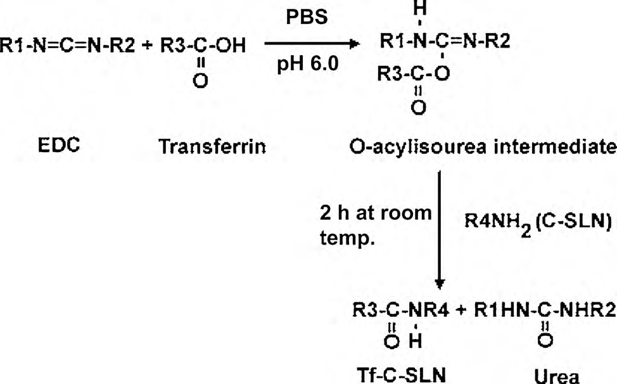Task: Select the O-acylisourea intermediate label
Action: click(x=482, y=148)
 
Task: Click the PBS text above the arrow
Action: click(x=307, y=16)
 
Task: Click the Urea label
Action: click(x=557, y=376)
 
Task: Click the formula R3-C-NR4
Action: click(x=397, y=310)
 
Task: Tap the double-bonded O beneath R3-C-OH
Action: click(x=202, y=82)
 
